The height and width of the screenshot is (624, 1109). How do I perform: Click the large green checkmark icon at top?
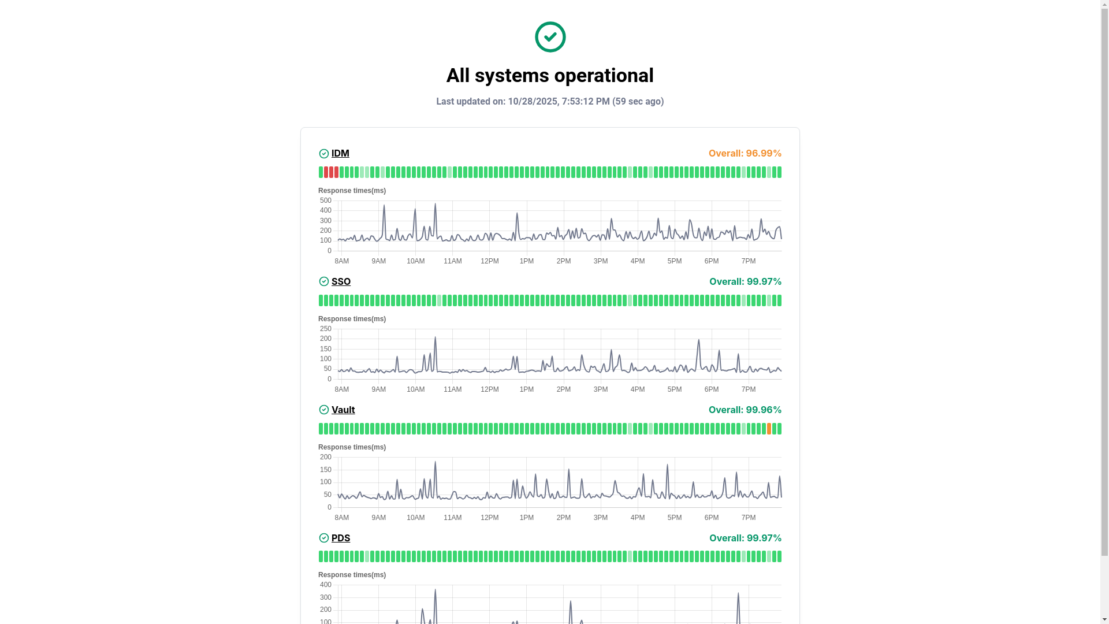point(550,37)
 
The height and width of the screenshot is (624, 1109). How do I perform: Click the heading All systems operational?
point(550,76)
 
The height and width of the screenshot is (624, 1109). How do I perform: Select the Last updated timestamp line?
point(550,102)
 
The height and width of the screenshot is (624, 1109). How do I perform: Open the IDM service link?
point(340,153)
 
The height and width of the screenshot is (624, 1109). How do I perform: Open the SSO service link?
point(341,281)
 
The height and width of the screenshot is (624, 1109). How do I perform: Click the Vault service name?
point(343,410)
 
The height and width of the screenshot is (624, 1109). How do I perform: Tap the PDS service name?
point(341,538)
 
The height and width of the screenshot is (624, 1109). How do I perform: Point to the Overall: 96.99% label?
point(745,153)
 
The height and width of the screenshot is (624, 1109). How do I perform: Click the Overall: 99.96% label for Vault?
point(745,410)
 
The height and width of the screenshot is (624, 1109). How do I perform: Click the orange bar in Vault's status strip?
point(769,429)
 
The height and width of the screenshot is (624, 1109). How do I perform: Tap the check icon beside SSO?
point(324,281)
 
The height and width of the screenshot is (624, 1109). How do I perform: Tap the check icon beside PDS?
point(324,538)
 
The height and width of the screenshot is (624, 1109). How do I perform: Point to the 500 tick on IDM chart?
point(326,200)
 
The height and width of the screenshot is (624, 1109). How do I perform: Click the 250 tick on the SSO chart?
point(326,329)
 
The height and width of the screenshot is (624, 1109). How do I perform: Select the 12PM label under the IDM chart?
point(489,261)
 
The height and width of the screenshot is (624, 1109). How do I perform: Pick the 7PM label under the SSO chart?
point(748,389)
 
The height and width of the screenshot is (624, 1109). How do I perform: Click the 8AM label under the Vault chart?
point(341,518)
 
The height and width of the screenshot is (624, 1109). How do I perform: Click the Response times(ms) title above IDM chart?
point(352,191)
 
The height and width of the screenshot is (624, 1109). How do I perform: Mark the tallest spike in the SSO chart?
point(435,337)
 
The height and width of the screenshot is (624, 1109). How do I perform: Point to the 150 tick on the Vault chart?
point(326,470)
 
